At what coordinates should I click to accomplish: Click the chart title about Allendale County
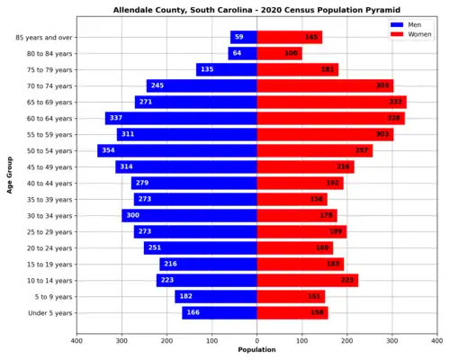[x=256, y=11]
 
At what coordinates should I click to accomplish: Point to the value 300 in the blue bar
[x=132, y=215]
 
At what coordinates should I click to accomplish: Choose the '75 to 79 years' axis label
[x=47, y=69]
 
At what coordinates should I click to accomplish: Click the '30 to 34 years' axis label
[x=47, y=215]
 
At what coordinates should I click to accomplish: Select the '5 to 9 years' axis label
[x=53, y=296]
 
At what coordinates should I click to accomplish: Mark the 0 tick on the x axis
[x=256, y=340]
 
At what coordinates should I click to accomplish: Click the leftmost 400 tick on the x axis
[x=76, y=340]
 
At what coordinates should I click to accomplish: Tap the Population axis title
[x=256, y=350]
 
